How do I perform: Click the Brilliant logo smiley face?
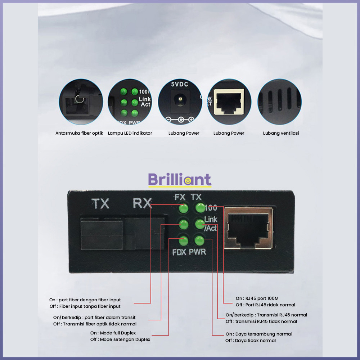click(188, 181)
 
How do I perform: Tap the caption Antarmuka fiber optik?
click(79, 133)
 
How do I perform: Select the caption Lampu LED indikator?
click(130, 133)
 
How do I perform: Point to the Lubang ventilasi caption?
click(281, 133)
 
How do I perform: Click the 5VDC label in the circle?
click(180, 84)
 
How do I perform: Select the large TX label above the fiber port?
click(100, 203)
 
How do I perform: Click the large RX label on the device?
click(142, 203)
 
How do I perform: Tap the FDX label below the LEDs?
click(179, 252)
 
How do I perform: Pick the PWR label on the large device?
click(197, 252)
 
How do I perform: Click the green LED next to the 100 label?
click(200, 208)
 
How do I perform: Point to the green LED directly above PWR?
click(199, 241)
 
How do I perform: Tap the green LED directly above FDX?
click(184, 241)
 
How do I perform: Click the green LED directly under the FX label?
click(184, 208)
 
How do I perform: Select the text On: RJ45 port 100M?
click(257, 298)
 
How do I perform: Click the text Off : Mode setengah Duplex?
click(120, 339)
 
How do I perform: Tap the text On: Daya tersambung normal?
click(259, 334)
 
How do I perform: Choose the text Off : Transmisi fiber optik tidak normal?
click(95, 324)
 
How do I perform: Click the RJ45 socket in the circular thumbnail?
click(229, 102)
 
